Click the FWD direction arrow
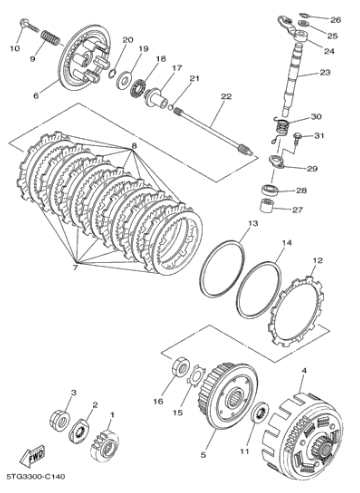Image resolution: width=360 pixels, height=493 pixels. (32, 456)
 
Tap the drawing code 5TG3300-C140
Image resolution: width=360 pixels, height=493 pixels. (35, 477)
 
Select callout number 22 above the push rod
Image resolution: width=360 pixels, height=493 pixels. (226, 96)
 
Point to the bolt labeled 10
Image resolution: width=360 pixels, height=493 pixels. (28, 25)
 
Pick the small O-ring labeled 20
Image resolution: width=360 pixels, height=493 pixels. (113, 72)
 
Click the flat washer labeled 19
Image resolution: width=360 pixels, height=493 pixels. (124, 81)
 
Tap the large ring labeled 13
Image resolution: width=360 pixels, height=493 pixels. (222, 268)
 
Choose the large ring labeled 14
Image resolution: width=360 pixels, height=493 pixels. (259, 289)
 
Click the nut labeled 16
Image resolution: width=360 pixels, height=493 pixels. (181, 366)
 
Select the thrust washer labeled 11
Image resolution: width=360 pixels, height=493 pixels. (261, 412)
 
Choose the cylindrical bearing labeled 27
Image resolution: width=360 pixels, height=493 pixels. (268, 208)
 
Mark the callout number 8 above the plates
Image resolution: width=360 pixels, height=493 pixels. (134, 146)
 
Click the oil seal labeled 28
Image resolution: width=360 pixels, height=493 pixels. (271, 191)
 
